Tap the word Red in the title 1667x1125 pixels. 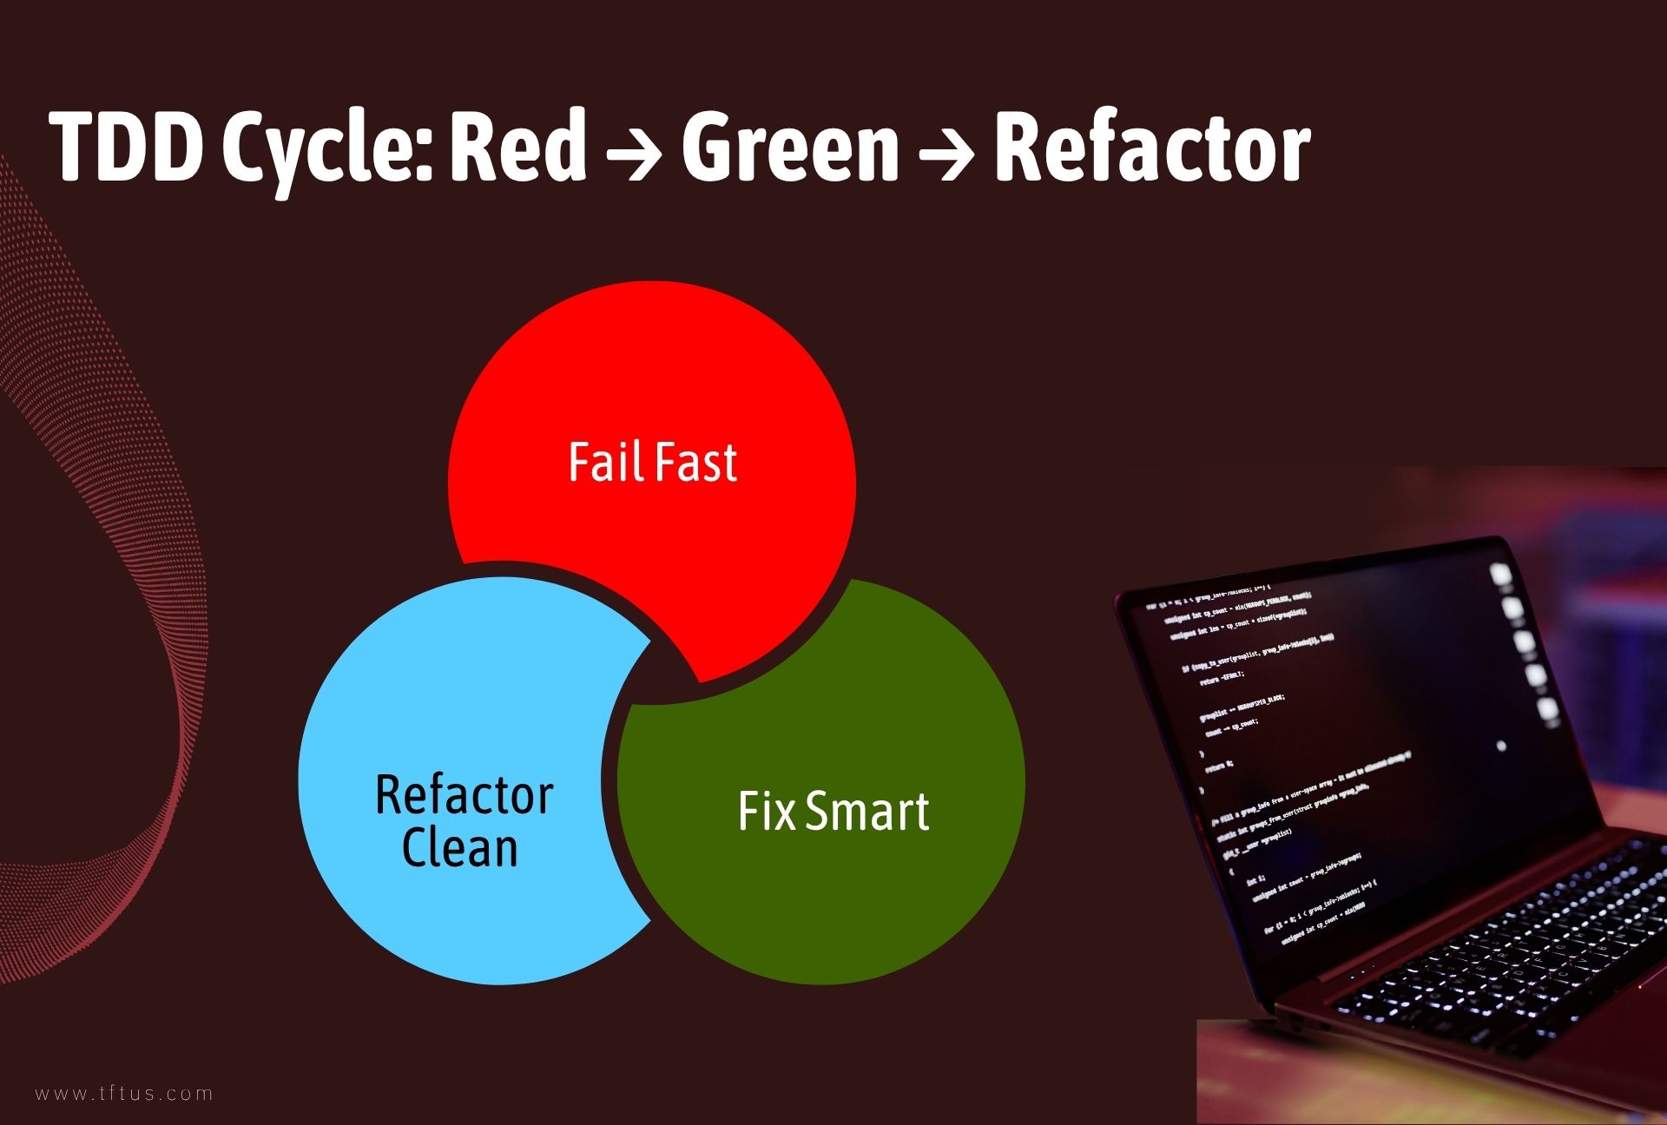coord(518,148)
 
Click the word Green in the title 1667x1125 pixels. coord(790,148)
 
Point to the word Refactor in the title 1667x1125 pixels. coord(1151,148)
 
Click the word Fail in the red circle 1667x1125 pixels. coord(605,462)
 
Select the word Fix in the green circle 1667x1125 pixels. coord(766,812)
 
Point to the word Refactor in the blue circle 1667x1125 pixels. coord(465,795)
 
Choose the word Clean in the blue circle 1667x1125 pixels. coord(460,848)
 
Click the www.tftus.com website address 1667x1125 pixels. coord(124,1093)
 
